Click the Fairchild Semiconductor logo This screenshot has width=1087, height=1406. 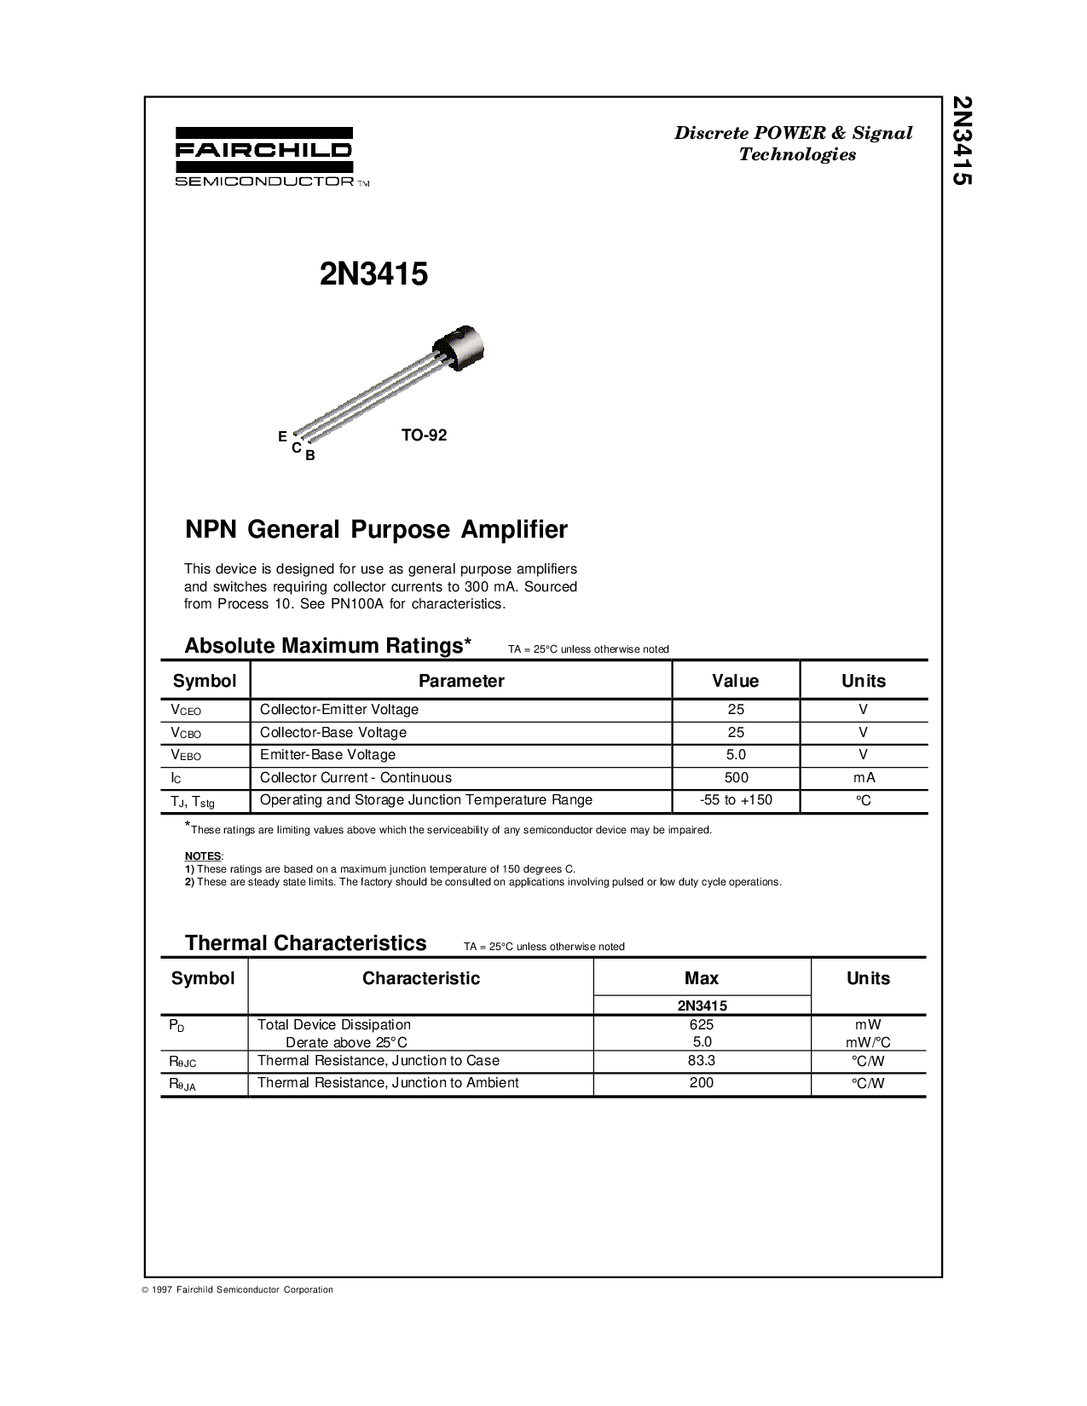click(x=264, y=157)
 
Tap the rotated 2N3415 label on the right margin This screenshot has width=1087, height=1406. click(x=962, y=140)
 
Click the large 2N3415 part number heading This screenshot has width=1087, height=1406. click(x=373, y=274)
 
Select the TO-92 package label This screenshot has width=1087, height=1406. click(x=424, y=435)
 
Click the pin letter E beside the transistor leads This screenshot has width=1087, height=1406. click(x=282, y=436)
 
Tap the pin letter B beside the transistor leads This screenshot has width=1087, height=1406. click(x=310, y=455)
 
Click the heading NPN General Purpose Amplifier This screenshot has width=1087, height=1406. click(x=376, y=529)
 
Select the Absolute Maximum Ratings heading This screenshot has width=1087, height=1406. click(x=327, y=646)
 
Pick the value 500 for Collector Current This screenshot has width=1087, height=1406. click(x=736, y=777)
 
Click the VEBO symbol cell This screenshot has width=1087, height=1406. click(x=187, y=755)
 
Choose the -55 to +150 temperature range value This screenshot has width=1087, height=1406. click(x=736, y=800)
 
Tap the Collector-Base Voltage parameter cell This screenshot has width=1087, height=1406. click(x=333, y=732)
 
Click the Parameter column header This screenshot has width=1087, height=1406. click(x=461, y=681)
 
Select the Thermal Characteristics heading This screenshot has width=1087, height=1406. click(x=305, y=943)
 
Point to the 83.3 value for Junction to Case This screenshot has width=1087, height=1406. click(x=702, y=1061)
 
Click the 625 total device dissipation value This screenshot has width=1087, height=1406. click(x=702, y=1024)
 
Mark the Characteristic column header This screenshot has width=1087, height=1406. click(x=421, y=978)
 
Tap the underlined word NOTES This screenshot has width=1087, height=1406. click(x=203, y=856)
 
